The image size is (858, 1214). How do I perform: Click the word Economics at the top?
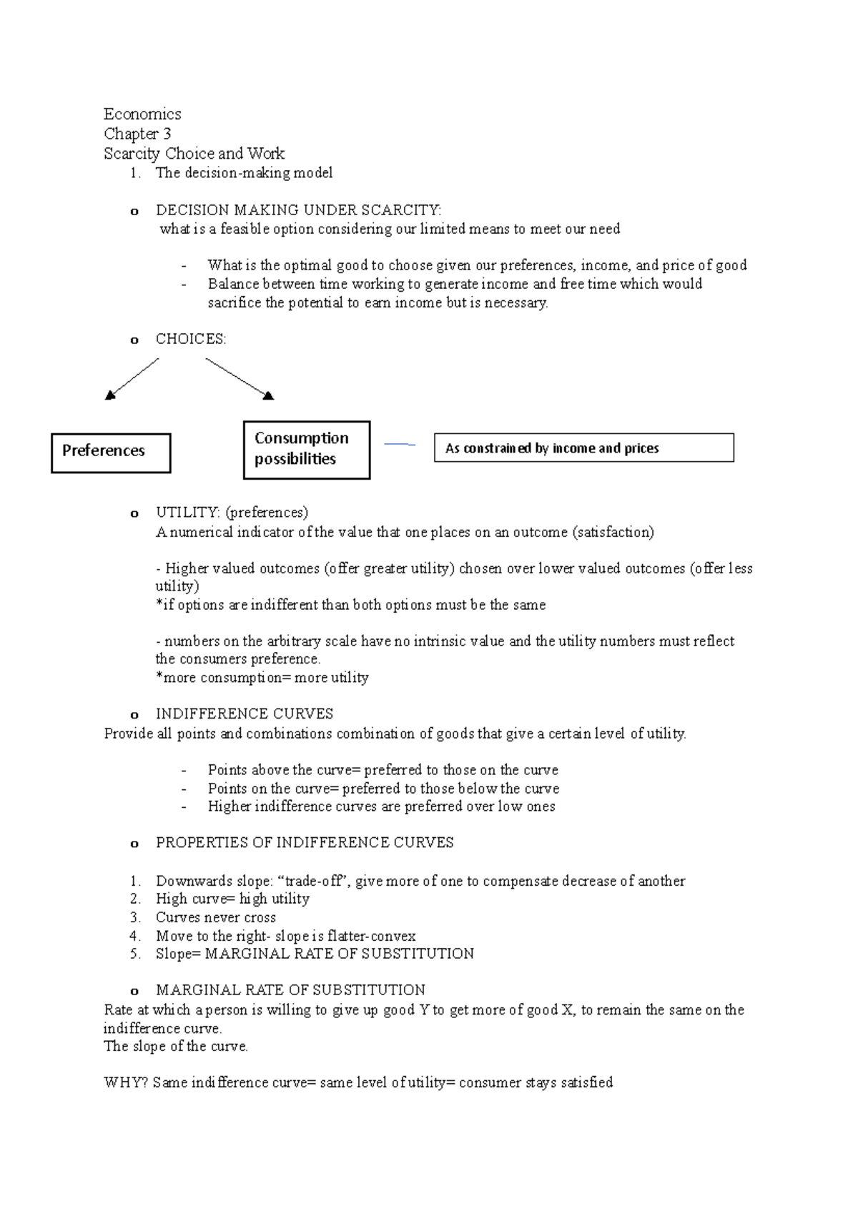click(142, 114)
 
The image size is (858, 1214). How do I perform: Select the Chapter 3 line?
click(137, 134)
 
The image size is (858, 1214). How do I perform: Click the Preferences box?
click(111, 453)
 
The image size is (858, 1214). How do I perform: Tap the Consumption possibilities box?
click(306, 450)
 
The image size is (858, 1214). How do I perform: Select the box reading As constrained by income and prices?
click(583, 448)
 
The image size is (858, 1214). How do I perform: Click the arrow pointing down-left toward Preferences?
click(132, 378)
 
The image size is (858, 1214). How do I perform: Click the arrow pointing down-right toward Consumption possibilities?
click(240, 378)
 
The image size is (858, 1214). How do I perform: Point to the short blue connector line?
click(399, 445)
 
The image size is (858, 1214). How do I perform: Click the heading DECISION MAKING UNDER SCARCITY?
click(298, 210)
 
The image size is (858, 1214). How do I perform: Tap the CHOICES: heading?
click(191, 340)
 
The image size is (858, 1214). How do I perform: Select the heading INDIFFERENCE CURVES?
click(245, 714)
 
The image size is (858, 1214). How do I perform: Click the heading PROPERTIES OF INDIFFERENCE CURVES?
click(305, 843)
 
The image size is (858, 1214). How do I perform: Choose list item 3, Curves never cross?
click(216, 917)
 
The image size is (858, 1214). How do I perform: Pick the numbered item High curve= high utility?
click(232, 899)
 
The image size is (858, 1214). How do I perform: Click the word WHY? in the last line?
click(126, 1082)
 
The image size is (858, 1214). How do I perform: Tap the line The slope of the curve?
click(176, 1046)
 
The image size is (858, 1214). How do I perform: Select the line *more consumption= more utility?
click(262, 677)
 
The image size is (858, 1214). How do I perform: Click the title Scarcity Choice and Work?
click(194, 154)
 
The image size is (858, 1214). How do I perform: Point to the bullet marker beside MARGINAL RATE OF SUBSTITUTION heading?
click(134, 992)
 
